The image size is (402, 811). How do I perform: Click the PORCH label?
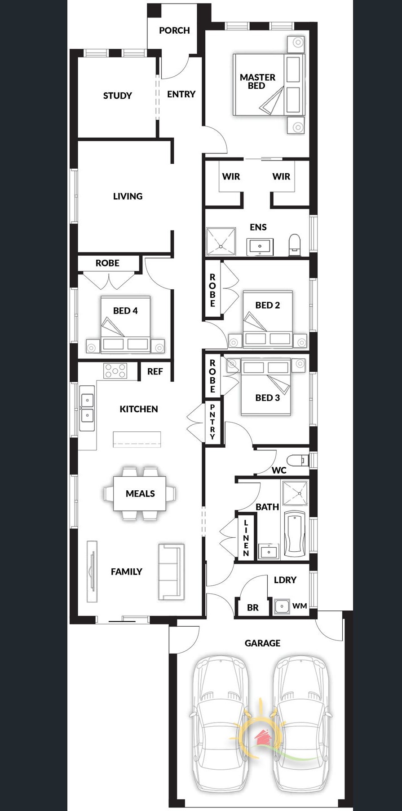tap(174, 31)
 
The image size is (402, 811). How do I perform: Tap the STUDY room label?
tap(118, 96)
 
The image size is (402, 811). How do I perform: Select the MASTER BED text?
tap(257, 81)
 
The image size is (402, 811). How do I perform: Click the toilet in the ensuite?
tap(295, 245)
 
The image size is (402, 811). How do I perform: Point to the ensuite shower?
tap(221, 242)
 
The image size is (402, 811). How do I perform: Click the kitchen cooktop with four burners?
tap(115, 371)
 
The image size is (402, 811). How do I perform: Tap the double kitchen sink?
tap(87, 408)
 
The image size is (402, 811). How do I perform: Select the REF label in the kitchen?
tap(155, 371)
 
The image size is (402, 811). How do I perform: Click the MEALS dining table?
tap(140, 493)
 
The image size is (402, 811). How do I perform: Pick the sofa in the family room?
tap(171, 571)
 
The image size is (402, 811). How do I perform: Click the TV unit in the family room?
tap(92, 572)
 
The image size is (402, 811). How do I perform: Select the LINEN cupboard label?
tap(246, 538)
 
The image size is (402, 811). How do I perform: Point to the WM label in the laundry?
tap(300, 606)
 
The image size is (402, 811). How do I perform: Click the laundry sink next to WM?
tap(282, 606)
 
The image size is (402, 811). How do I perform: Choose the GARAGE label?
tap(262, 643)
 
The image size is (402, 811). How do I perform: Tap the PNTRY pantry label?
tap(212, 422)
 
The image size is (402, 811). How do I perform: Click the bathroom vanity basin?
tap(269, 551)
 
